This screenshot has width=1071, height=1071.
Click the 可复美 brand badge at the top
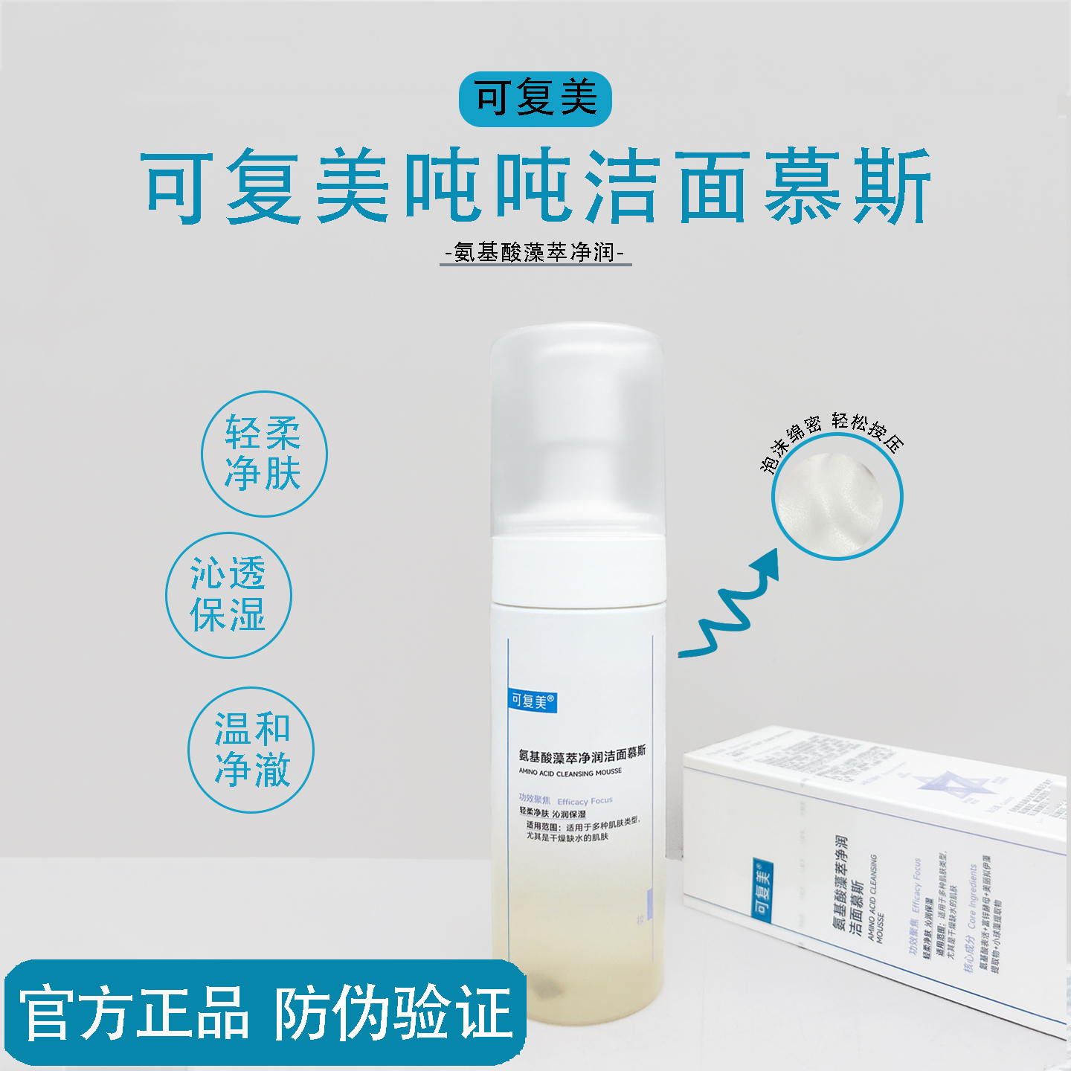[535, 99]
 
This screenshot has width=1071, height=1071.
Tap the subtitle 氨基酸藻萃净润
[535, 253]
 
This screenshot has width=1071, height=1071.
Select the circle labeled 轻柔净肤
[264, 454]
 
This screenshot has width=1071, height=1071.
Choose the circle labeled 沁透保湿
[228, 595]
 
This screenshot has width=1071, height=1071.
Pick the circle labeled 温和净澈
[251, 750]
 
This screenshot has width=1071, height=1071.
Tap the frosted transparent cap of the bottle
[576, 428]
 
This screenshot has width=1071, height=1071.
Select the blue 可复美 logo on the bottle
[533, 701]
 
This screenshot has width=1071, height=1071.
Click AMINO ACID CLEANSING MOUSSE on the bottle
[570, 773]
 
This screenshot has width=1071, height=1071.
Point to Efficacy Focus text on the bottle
[585, 801]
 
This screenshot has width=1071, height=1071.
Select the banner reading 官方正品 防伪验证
[266, 1013]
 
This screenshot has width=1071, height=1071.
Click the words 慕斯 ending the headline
[848, 186]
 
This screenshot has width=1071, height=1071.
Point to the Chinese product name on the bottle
[582, 755]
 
